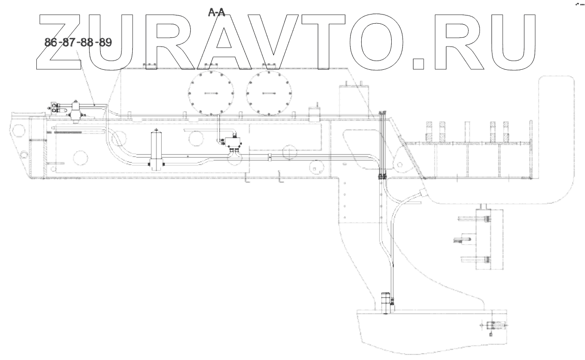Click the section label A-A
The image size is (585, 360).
click(216, 13)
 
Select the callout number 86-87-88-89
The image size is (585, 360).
click(78, 43)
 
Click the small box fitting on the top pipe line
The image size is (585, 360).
click(315, 116)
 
